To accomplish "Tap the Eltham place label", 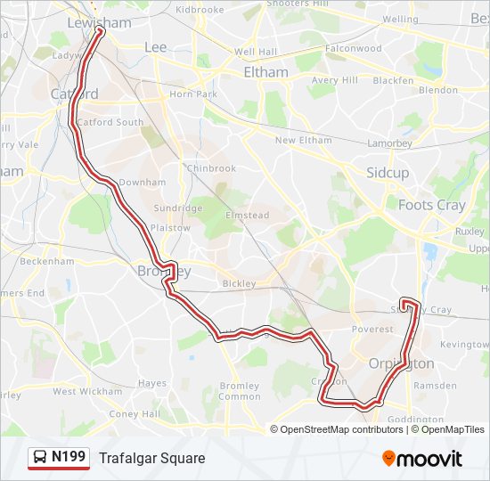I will [265, 72].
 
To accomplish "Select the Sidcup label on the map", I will [388, 172].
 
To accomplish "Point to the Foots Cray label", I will [432, 205].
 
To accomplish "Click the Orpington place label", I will [402, 363].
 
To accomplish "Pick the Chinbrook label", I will [211, 168].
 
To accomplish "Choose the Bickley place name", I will [239, 283].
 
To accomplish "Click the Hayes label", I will [152, 384].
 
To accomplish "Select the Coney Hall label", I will [134, 413].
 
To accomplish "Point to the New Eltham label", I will [303, 141].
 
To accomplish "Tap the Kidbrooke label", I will [200, 9].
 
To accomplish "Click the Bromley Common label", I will [240, 391].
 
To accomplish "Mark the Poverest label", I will [372, 329].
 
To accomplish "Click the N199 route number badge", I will [69, 457].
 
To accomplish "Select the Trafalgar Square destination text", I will [152, 458].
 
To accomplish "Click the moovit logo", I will [422, 458].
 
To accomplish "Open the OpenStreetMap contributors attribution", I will [342, 429].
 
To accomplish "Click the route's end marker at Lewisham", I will [99, 30].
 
